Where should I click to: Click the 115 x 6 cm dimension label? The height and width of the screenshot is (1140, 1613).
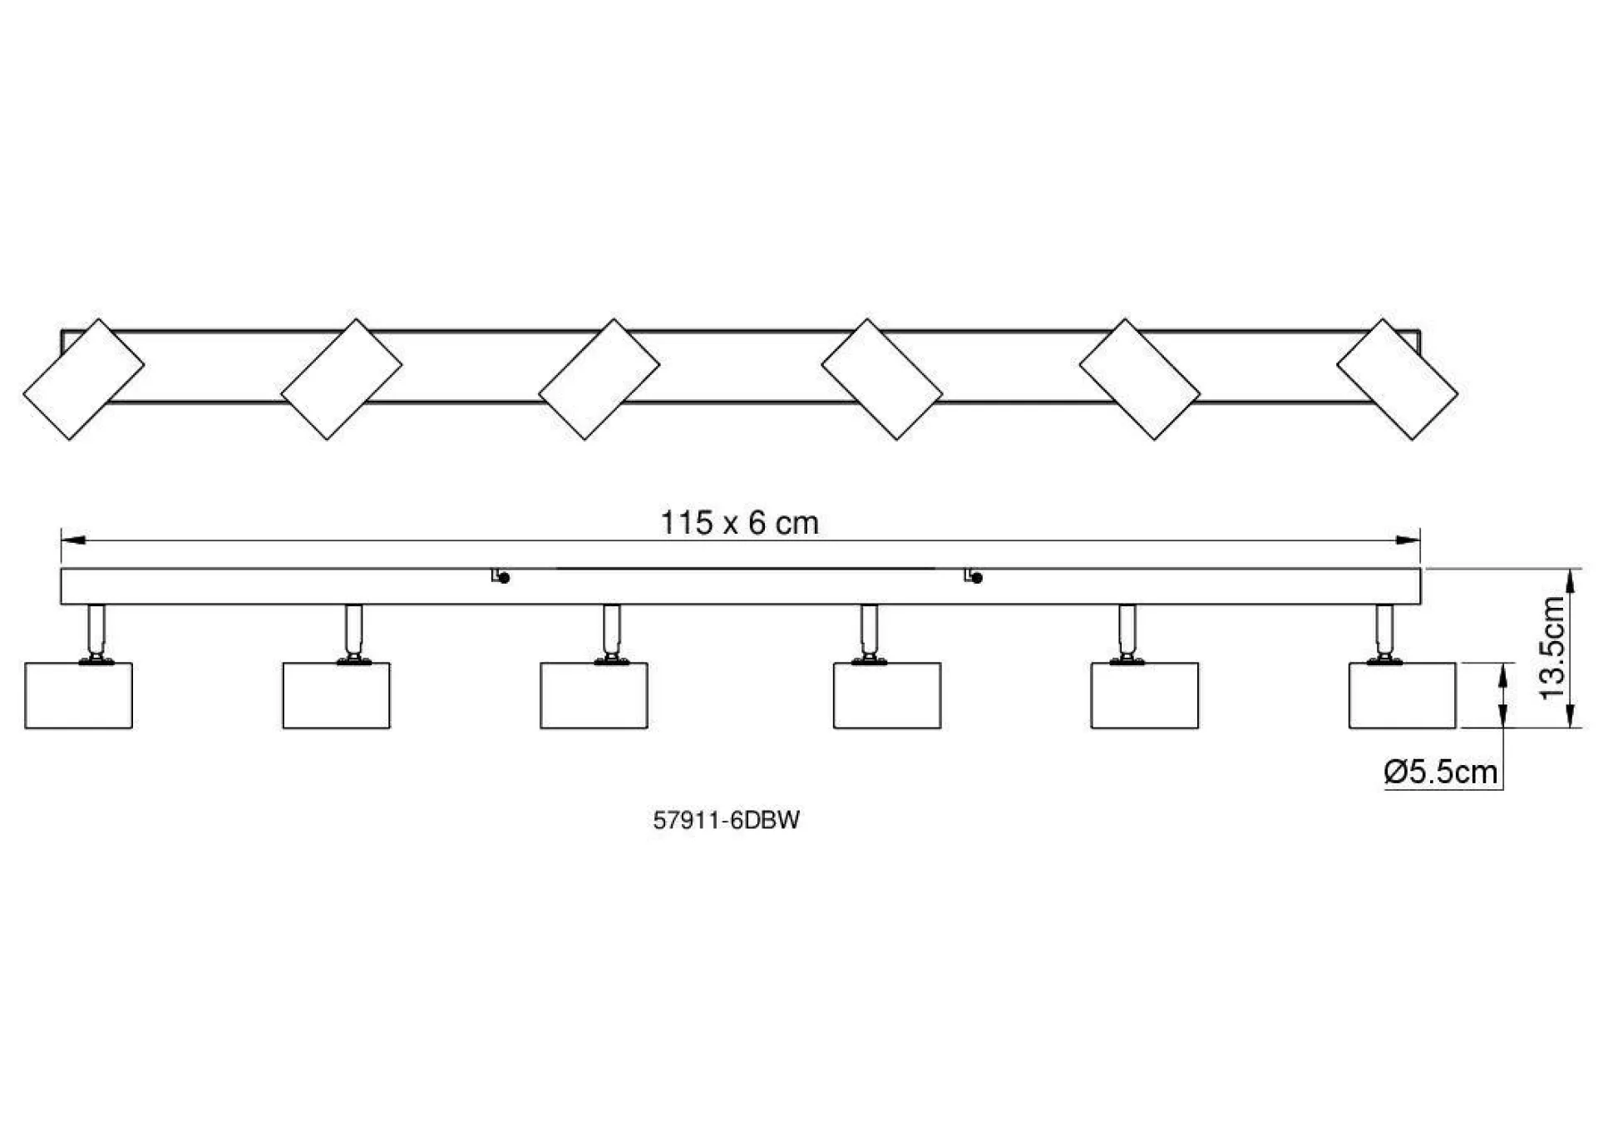[x=739, y=523]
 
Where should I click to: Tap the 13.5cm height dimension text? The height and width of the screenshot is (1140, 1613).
[x=1551, y=648]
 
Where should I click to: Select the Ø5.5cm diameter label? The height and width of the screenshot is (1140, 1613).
[x=1441, y=772]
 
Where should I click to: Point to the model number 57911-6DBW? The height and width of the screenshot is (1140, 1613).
[x=726, y=821]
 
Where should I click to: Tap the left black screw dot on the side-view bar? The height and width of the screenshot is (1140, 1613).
[x=504, y=578]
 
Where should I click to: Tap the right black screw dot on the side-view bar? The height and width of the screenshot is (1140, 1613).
[x=977, y=578]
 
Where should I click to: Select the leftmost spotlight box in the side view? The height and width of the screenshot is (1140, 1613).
[x=79, y=695]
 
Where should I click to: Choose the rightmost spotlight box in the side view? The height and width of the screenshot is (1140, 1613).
[x=1402, y=695]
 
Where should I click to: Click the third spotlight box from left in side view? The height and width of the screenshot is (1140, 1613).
[x=594, y=695]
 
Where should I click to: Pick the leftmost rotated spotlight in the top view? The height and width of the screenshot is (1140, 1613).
[x=83, y=379]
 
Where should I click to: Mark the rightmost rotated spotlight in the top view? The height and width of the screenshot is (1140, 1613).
[x=1397, y=379]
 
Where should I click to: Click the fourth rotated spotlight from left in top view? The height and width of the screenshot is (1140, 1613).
[x=881, y=379]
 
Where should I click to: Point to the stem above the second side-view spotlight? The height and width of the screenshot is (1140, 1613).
[x=354, y=629]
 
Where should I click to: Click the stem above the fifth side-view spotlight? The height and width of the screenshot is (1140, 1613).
[x=1127, y=629]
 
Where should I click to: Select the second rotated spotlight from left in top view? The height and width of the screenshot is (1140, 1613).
[x=341, y=379]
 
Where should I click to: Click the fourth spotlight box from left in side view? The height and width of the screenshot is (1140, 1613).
[x=887, y=695]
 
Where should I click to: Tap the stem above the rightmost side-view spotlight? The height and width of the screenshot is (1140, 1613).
[x=1384, y=629]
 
